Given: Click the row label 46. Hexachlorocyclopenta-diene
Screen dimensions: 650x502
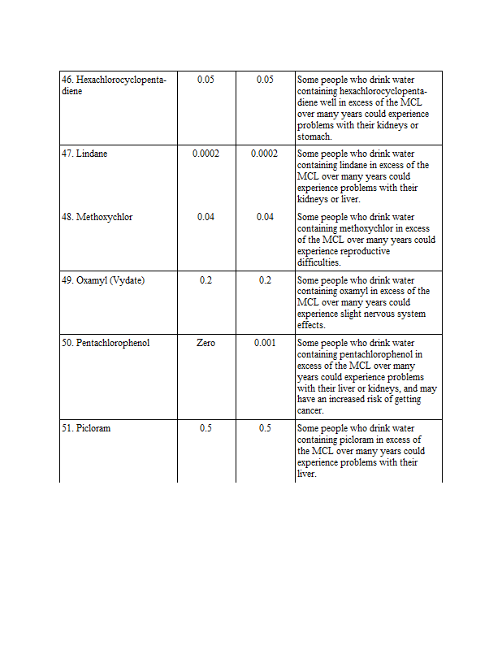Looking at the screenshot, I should click(x=114, y=85).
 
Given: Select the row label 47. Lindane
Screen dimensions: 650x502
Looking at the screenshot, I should click(x=84, y=154).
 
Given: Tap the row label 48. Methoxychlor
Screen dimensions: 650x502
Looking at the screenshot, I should click(x=97, y=217).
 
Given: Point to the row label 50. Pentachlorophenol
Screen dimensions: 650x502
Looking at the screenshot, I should click(x=106, y=343).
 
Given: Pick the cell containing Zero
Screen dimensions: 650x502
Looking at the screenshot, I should click(x=206, y=343).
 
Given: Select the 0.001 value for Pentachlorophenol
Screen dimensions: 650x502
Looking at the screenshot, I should click(x=265, y=343).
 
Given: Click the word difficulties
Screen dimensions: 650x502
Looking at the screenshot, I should click(x=318, y=263).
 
